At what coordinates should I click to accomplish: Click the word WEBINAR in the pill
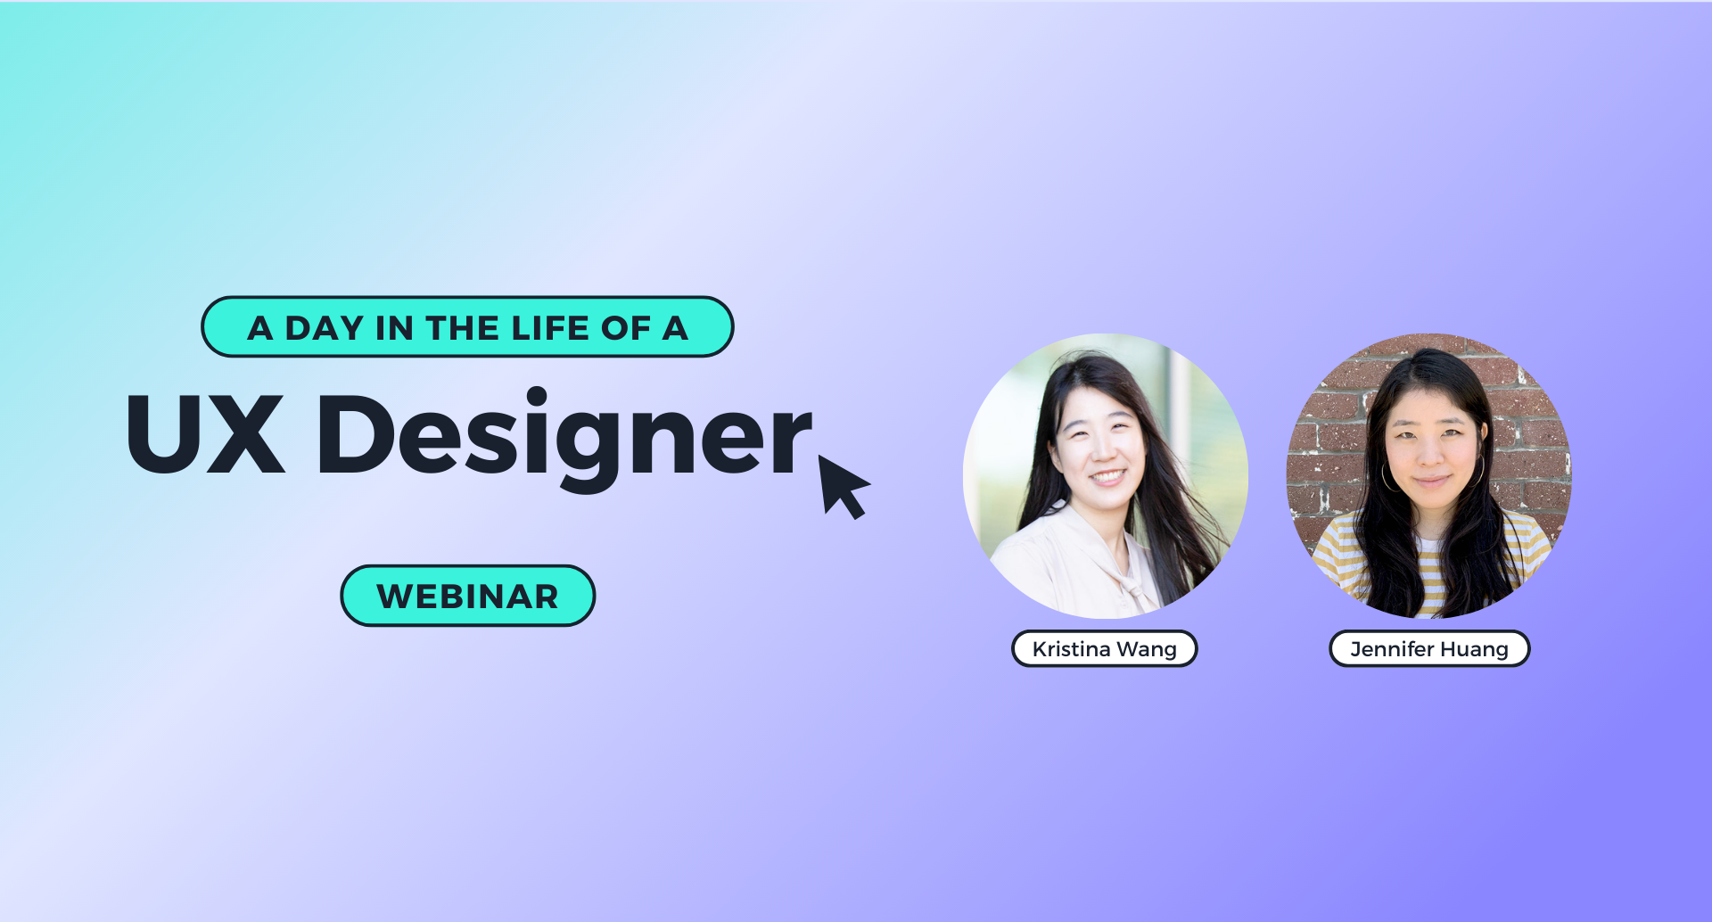(x=467, y=597)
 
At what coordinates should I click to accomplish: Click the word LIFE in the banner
(x=550, y=328)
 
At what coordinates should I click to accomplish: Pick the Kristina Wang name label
(x=1104, y=648)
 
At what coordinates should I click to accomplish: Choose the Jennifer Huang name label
(x=1429, y=648)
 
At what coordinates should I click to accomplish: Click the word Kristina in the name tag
(x=1071, y=649)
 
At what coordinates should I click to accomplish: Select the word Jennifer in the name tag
(x=1392, y=649)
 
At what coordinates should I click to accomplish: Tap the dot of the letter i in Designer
(x=537, y=397)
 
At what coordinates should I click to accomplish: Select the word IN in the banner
(x=395, y=328)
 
